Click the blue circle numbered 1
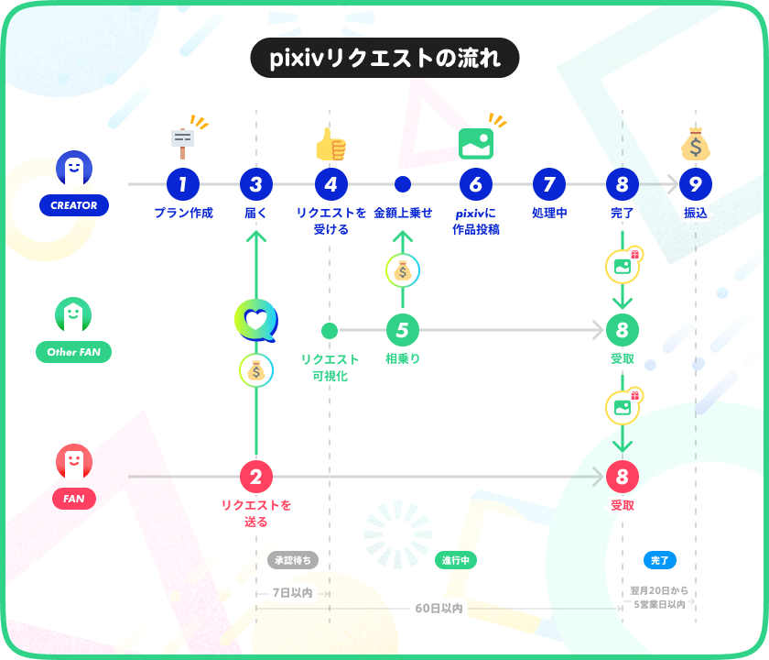click(183, 184)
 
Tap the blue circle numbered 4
click(331, 184)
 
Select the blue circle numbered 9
click(696, 184)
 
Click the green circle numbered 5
click(403, 330)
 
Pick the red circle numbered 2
click(256, 477)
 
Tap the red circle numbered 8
click(623, 477)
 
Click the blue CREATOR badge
click(74, 205)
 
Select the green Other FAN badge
click(73, 352)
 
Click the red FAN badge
click(74, 499)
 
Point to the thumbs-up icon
click(331, 145)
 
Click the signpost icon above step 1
click(183, 143)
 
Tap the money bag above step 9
click(696, 144)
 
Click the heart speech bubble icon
click(256, 320)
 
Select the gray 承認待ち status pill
click(293, 560)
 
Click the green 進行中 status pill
click(456, 560)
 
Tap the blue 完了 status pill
click(660, 560)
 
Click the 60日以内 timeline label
click(439, 609)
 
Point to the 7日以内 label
click(292, 593)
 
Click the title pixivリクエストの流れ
click(385, 58)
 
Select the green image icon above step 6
click(476, 144)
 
